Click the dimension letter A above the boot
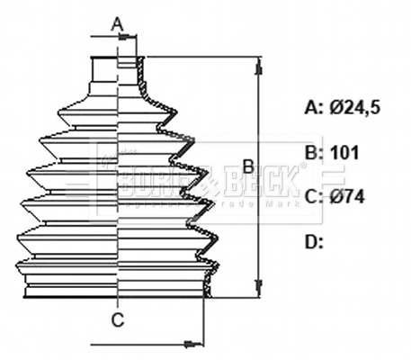tap(116, 25)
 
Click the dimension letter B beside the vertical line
tap(246, 166)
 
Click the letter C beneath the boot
tap(118, 319)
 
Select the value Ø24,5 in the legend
tap(355, 108)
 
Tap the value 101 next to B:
tap(344, 153)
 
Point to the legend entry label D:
tap(314, 240)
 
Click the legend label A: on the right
tap(314, 108)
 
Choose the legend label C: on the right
tap(314, 197)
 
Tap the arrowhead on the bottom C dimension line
tap(191, 343)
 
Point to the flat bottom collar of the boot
tap(117, 290)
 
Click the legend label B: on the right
tap(314, 153)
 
